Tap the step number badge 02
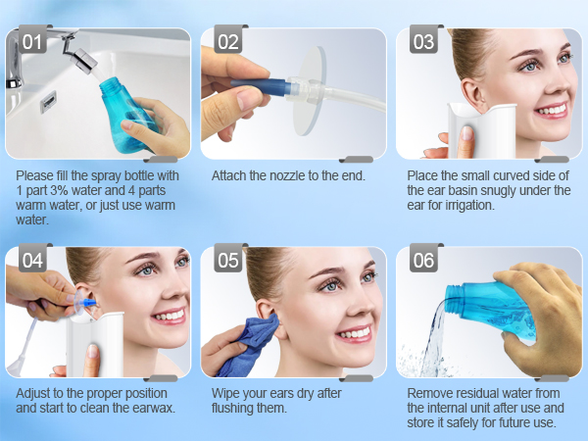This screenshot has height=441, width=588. click(227, 42)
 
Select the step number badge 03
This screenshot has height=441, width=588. click(423, 42)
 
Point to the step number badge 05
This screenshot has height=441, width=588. click(227, 262)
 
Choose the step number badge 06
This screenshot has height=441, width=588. click(423, 262)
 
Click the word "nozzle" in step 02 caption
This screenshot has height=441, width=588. click(285, 176)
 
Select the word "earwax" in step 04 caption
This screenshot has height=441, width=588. click(152, 408)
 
